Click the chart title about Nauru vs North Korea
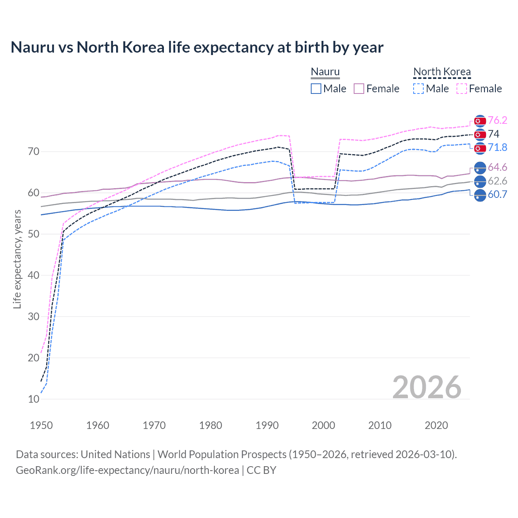click(x=197, y=47)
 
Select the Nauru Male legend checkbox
click(x=316, y=89)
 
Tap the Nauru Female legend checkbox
click(x=359, y=89)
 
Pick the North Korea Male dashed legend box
click(x=418, y=89)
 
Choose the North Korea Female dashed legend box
click(x=462, y=89)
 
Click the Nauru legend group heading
click(x=325, y=72)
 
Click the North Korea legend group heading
click(x=442, y=72)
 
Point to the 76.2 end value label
click(x=497, y=120)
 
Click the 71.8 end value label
click(x=497, y=147)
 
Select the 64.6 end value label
click(x=497, y=167)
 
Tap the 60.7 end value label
click(x=497, y=194)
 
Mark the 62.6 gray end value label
click(x=497, y=181)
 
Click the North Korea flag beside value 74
click(x=480, y=134)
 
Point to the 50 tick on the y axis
click(x=34, y=234)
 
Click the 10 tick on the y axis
click(x=34, y=399)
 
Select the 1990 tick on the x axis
click(x=267, y=425)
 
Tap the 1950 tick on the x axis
click(x=41, y=425)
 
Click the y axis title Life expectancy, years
click(x=17, y=259)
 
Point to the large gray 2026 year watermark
click(x=427, y=387)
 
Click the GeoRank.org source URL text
click(x=127, y=470)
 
